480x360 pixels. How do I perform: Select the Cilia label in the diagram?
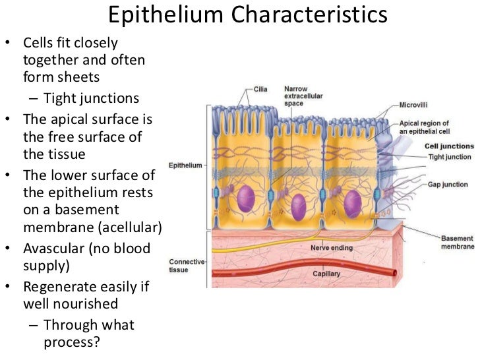pyautogui.click(x=260, y=89)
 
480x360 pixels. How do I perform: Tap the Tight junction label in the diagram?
pyautogui.click(x=450, y=157)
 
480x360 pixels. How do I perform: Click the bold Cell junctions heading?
pyautogui.click(x=448, y=146)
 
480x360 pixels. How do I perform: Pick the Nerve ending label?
pyautogui.click(x=333, y=248)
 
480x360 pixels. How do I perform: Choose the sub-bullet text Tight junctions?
pyautogui.click(x=92, y=99)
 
